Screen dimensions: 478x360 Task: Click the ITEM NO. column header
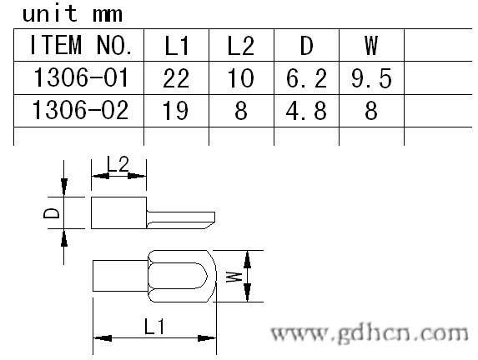point(81,45)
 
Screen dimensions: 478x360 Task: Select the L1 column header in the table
point(177,46)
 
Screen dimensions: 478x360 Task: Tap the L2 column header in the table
point(241,46)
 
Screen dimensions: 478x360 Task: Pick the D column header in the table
point(307,46)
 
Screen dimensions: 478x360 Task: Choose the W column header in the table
point(371,46)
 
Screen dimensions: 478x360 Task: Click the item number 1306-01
point(81,77)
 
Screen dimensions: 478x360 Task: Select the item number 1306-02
point(80,110)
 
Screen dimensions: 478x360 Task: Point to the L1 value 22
point(176,78)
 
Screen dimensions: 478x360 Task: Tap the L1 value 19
point(175,110)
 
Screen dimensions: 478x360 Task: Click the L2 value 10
point(241,78)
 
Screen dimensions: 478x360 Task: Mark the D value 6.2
point(306,78)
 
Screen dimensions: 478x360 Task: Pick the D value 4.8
point(306,110)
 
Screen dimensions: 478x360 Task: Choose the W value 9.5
point(371,78)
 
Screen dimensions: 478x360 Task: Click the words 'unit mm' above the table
point(73,13)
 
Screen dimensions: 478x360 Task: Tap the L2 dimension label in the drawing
point(118,164)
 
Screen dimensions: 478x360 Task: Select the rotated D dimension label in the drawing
point(52,212)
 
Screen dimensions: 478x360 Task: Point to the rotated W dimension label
point(234,277)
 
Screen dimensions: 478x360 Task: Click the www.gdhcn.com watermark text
point(370,333)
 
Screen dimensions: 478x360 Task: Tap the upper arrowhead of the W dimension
point(247,259)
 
